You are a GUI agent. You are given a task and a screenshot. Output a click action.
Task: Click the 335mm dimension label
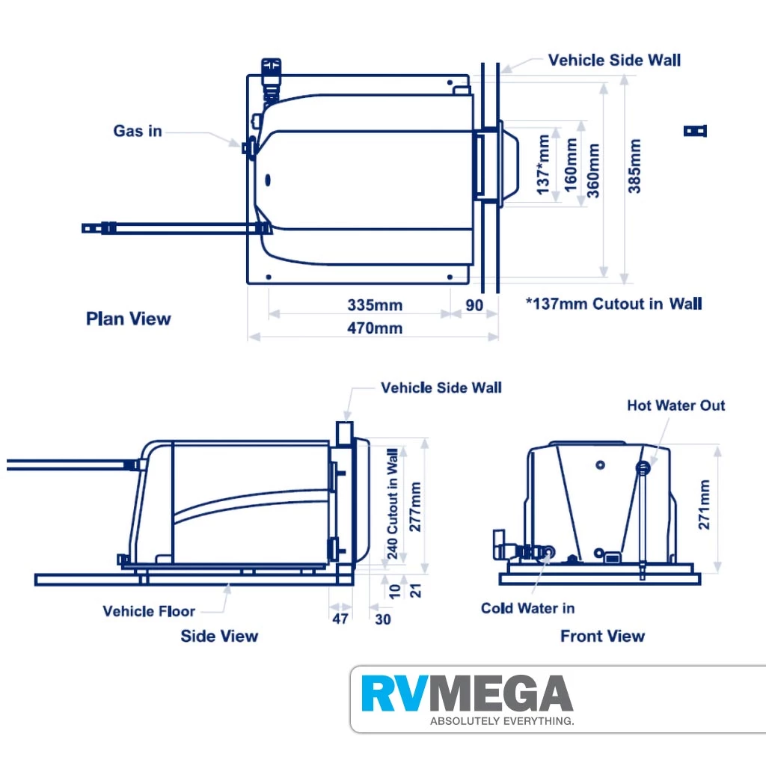click(375, 305)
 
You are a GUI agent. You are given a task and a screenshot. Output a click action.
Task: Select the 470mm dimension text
click(375, 328)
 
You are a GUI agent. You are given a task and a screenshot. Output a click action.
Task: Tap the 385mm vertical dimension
click(634, 166)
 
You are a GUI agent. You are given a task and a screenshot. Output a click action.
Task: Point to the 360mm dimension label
click(594, 170)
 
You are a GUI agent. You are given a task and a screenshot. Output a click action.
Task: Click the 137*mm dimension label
click(544, 165)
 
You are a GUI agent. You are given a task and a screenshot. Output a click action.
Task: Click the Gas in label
click(138, 131)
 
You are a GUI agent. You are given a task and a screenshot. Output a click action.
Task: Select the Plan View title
click(129, 319)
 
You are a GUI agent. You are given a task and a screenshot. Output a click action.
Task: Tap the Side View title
click(219, 636)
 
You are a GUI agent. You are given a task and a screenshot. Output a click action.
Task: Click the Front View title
click(602, 636)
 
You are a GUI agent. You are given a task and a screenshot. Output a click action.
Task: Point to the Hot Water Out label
click(675, 405)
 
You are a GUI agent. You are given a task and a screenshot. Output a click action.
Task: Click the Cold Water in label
click(527, 608)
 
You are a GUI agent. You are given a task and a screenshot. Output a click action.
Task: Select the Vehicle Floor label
click(149, 611)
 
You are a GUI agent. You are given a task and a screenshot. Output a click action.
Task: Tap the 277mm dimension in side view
click(416, 506)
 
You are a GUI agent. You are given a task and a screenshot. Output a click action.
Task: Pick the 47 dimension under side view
click(340, 619)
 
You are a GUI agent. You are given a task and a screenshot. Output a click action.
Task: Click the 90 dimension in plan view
click(474, 305)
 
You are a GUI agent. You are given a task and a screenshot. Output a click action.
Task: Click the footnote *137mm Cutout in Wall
click(613, 303)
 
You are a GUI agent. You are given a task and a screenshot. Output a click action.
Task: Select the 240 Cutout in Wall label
click(392, 503)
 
